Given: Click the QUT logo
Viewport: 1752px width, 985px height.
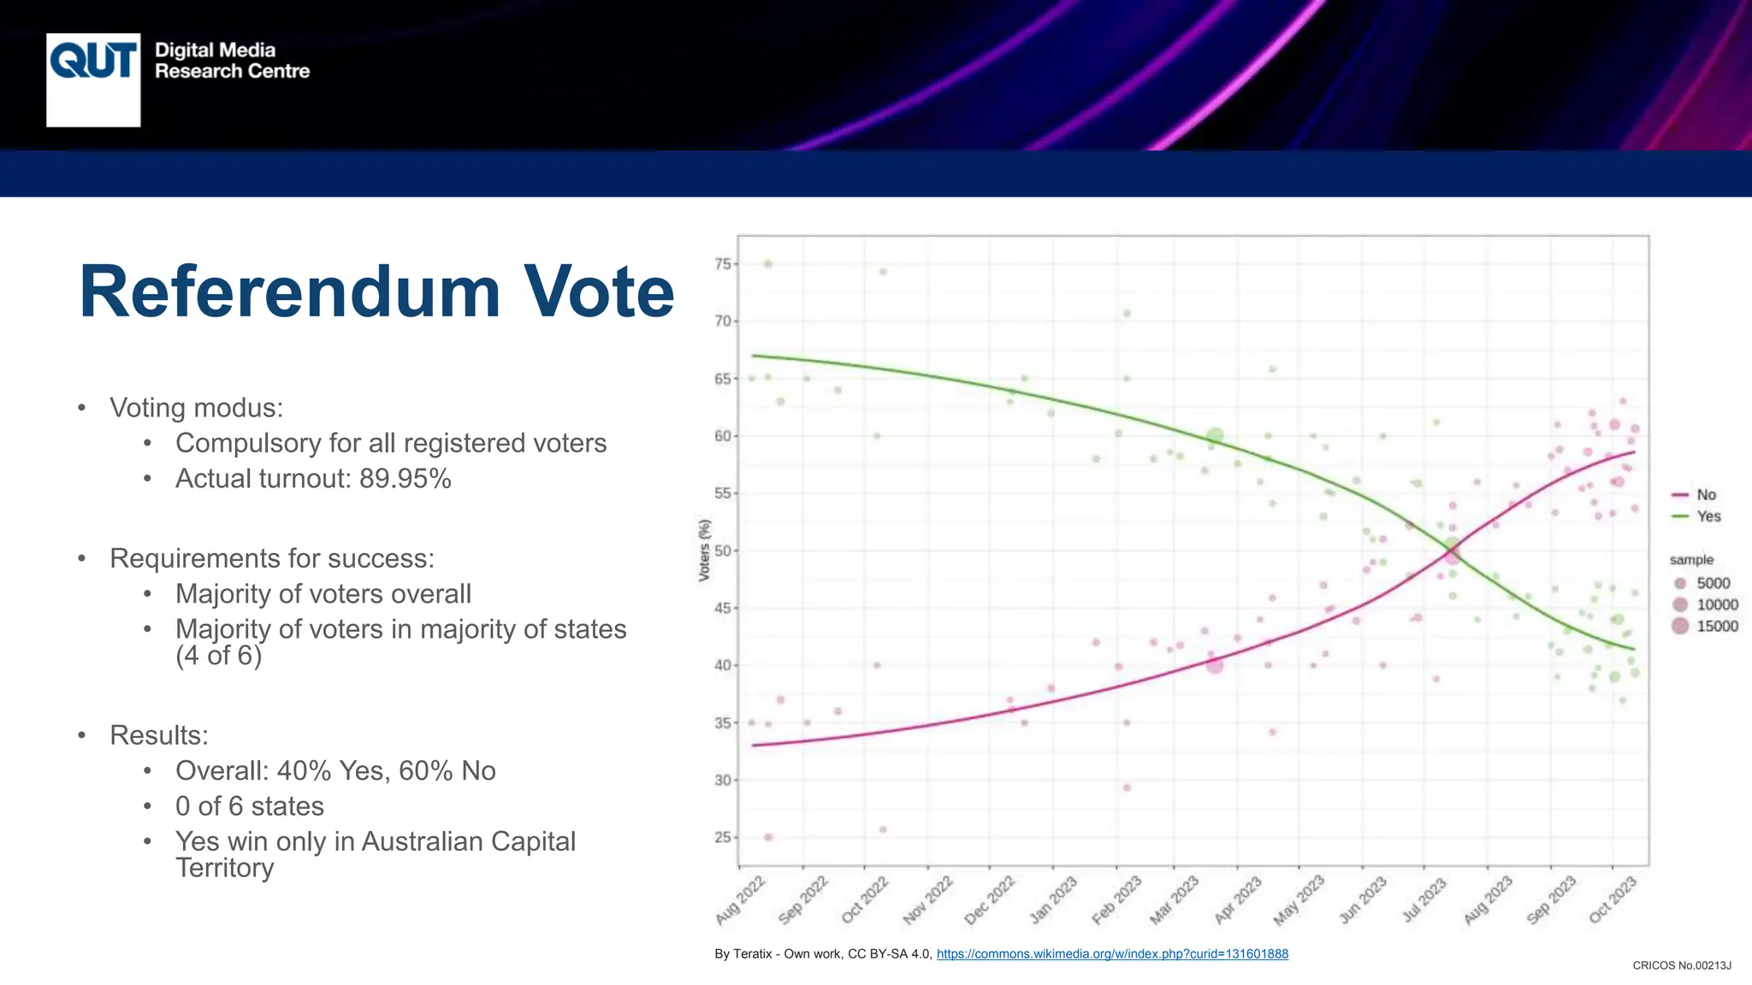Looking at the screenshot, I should (x=93, y=80).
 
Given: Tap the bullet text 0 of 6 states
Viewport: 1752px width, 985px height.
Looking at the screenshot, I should (x=250, y=806).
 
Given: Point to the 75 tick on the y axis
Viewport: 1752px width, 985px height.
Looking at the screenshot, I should (x=723, y=264).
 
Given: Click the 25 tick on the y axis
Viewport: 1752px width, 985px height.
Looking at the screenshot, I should (x=723, y=837).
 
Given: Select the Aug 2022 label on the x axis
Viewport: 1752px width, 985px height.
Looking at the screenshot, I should (x=741, y=899).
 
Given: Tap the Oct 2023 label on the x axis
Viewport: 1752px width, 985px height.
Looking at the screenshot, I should (x=1613, y=899).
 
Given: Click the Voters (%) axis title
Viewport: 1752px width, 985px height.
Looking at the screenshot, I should (x=704, y=551).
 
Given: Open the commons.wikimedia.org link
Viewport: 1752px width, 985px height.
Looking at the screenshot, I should (x=1112, y=954).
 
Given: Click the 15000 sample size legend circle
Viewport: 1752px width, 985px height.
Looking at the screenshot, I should (x=1680, y=626).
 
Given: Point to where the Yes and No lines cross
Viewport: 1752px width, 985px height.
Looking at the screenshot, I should (x=1452, y=551).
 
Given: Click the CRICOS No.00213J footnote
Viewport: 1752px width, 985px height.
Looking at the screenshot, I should (x=1681, y=965).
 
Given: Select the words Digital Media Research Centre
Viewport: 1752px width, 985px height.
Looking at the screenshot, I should (x=231, y=61).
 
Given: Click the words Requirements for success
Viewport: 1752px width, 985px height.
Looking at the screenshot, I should (x=272, y=558).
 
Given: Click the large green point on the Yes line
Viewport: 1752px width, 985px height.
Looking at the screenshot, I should (x=1215, y=437).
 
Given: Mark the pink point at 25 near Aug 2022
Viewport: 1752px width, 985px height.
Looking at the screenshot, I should (x=768, y=837).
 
